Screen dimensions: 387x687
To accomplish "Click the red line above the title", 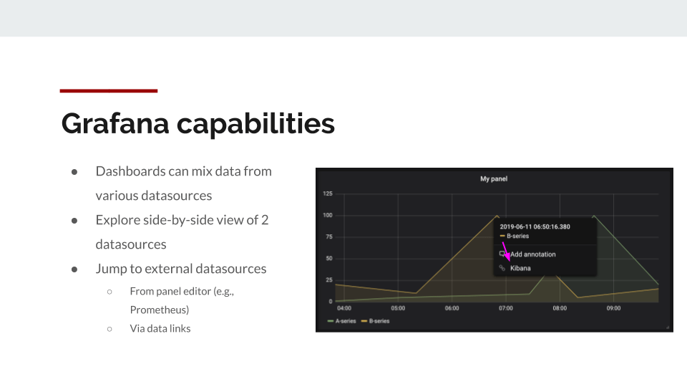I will point(108,91).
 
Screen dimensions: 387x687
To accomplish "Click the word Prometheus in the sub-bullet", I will point(160,310).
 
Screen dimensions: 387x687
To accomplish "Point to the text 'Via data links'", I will point(160,328).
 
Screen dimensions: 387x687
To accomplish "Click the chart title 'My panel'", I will point(493,179).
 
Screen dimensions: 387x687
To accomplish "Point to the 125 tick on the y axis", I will point(328,193).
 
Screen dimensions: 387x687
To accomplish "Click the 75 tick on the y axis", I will point(329,236).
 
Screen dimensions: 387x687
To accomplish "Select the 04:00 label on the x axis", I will point(344,308).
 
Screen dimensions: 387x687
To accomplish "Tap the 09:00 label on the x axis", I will point(613,308).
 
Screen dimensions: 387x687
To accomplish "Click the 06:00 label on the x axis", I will point(452,308).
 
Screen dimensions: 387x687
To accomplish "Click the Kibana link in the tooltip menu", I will point(520,268).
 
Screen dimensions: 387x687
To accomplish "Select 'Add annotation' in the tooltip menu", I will point(532,254).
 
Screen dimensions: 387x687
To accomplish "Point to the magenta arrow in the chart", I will point(505,251).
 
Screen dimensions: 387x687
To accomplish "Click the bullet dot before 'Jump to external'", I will point(74,269).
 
